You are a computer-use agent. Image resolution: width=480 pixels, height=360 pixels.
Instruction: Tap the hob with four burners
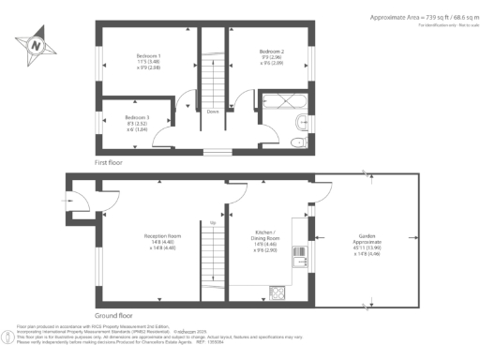point(278,291)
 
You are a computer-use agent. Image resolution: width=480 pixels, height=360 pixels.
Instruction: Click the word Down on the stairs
point(213,113)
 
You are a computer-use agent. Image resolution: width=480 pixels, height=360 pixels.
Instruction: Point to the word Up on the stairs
point(213,222)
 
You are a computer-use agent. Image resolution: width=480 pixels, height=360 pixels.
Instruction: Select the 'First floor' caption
point(111,162)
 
